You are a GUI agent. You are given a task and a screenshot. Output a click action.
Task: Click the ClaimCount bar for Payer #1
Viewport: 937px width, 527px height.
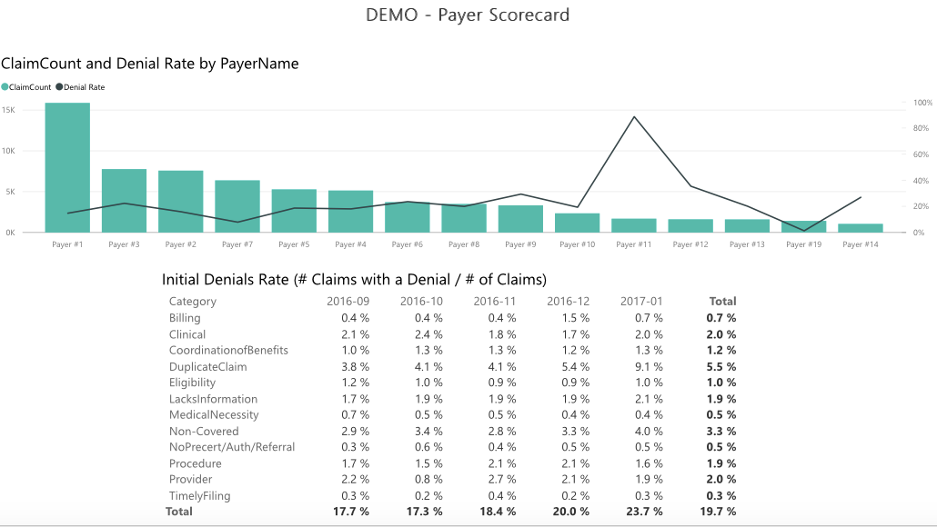click(x=67, y=168)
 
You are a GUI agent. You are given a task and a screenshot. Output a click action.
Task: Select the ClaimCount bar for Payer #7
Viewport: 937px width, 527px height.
click(x=237, y=206)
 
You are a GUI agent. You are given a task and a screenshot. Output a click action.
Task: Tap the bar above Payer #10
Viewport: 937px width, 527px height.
click(x=578, y=223)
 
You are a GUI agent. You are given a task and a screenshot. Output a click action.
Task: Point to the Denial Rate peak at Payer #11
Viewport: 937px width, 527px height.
click(x=634, y=117)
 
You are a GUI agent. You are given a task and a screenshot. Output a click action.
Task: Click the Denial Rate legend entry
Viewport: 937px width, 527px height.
click(x=81, y=87)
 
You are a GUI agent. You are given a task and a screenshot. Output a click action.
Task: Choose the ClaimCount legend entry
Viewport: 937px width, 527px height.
click(x=26, y=87)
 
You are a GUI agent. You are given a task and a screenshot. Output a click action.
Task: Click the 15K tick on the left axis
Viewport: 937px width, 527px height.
click(x=8, y=109)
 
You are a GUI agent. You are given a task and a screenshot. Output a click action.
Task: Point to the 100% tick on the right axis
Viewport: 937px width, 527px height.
click(x=922, y=103)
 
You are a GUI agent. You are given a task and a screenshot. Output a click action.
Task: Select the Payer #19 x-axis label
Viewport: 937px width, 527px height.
click(x=803, y=244)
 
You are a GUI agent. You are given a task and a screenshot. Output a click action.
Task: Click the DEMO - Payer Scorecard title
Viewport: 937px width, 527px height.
click(x=468, y=15)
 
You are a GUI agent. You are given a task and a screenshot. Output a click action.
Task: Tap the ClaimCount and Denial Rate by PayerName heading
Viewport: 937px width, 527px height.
click(x=150, y=64)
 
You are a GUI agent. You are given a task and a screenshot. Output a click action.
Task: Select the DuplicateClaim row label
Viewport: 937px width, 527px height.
click(x=207, y=367)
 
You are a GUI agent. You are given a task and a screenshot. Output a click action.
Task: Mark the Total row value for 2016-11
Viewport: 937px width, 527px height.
click(x=497, y=512)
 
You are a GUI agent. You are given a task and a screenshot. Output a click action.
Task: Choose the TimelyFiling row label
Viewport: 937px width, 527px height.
click(x=199, y=496)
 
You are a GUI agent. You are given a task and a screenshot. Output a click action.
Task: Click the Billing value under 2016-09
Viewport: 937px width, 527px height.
click(x=355, y=318)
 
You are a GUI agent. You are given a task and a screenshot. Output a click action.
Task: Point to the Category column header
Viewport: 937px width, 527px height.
click(x=193, y=302)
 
